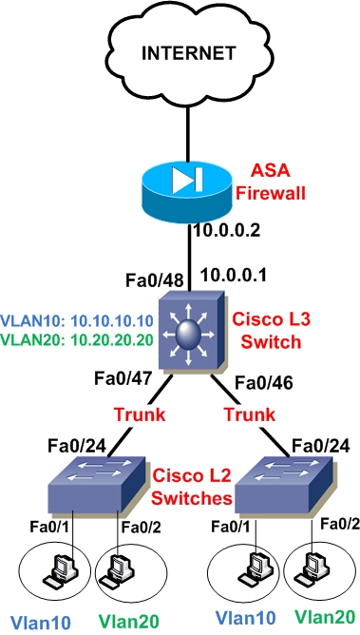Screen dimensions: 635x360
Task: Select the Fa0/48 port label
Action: (x=150, y=280)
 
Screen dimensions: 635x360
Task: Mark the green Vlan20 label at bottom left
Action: (x=124, y=622)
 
